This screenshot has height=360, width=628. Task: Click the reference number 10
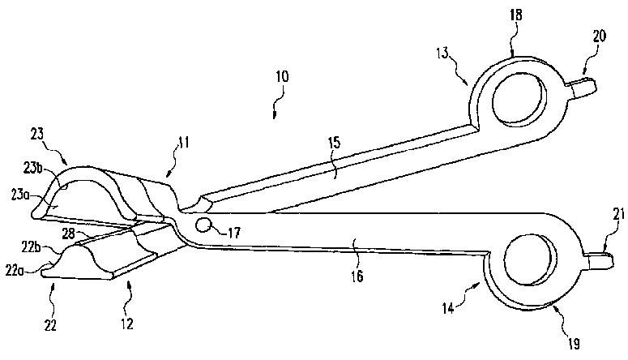(x=281, y=78)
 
